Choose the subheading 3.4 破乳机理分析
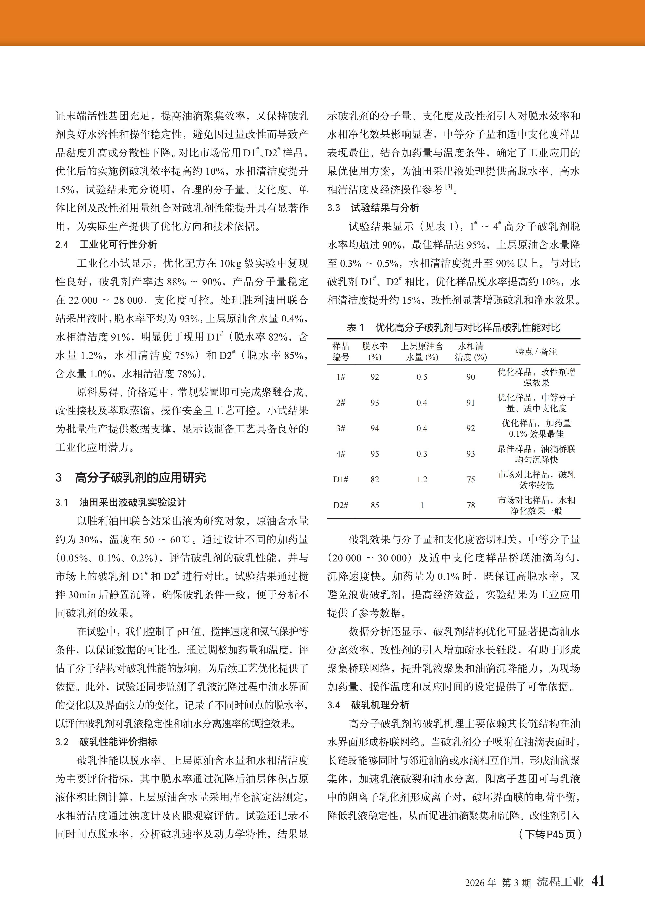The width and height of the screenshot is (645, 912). pyautogui.click(x=368, y=705)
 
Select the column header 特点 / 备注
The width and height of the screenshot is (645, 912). pyautogui.click(x=536, y=352)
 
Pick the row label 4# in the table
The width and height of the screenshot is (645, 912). pyautogui.click(x=341, y=454)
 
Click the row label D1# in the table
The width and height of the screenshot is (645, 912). pyautogui.click(x=341, y=479)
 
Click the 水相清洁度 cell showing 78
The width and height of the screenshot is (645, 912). pyautogui.click(x=470, y=505)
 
